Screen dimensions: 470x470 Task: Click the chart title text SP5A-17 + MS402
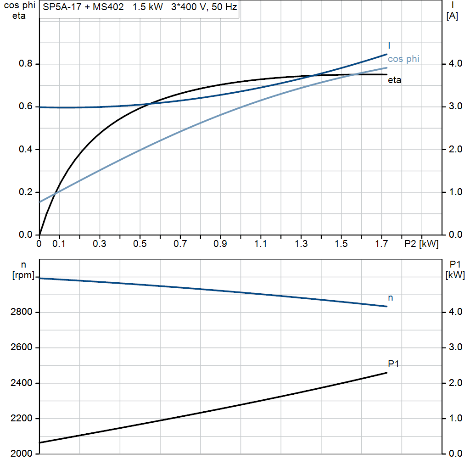83,8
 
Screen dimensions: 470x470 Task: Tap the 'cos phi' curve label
403,59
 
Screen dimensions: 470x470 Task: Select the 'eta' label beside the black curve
394,80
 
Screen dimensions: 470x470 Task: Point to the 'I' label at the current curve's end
389,45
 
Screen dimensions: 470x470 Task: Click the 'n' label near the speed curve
390,298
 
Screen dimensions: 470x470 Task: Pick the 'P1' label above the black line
393,364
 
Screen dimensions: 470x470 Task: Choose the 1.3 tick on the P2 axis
301,244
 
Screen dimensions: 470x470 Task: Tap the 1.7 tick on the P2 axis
381,244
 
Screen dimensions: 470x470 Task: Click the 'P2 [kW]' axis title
421,244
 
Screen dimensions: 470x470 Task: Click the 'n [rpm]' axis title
23,270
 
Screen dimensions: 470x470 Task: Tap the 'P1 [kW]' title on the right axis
455,270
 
